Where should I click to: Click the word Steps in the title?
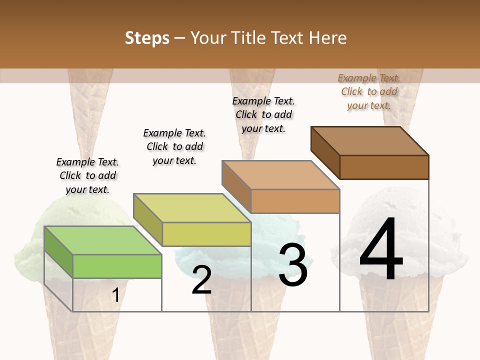click(x=147, y=38)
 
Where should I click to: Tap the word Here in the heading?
click(x=327, y=38)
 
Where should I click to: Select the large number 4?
click(x=381, y=250)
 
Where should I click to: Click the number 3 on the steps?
click(x=293, y=264)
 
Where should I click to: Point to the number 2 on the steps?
click(x=201, y=280)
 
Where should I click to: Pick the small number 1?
click(x=115, y=295)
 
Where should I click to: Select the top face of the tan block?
click(x=280, y=175)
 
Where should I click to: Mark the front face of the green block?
click(x=117, y=266)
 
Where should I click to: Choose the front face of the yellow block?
click(x=206, y=234)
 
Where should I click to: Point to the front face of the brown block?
click(x=384, y=167)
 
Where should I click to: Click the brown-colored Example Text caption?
click(x=369, y=91)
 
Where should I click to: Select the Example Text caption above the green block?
click(x=87, y=175)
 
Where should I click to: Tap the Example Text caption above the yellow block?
click(x=174, y=146)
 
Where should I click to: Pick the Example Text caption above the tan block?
click(x=263, y=114)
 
